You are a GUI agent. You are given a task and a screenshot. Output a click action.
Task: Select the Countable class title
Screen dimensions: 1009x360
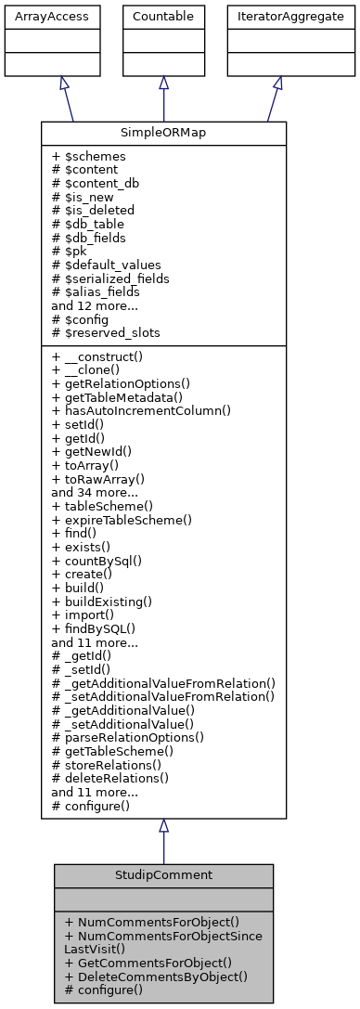[163, 17]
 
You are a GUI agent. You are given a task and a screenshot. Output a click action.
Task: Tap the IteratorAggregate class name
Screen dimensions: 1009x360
[277, 17]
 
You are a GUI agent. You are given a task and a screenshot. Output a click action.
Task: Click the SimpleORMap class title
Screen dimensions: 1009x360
[163, 133]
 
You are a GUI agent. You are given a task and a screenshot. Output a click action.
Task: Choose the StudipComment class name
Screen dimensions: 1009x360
[163, 875]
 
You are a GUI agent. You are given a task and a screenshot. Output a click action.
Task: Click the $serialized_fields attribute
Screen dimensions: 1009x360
[111, 278]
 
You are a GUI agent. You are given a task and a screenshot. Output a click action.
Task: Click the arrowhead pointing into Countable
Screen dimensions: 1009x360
[163, 83]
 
